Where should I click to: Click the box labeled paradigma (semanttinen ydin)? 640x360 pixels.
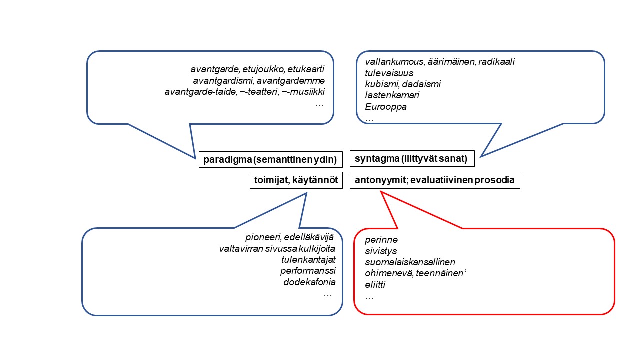point(270,159)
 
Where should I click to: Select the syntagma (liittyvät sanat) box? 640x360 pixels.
point(412,158)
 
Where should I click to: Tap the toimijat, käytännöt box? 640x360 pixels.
point(296,180)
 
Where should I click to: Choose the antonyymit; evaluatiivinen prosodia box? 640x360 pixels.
point(435,180)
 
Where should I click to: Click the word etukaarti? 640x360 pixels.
point(306,69)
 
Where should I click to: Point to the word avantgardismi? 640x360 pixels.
point(223,81)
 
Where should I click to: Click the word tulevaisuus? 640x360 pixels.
point(389,73)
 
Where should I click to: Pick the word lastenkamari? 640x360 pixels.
point(392,95)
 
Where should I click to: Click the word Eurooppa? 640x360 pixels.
point(385,107)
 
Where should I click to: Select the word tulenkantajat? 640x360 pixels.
point(308,260)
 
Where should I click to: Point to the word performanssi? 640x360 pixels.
point(308,271)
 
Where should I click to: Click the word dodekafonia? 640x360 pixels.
point(309,282)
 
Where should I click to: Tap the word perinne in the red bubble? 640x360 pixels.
point(381,240)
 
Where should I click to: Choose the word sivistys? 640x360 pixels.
point(381,251)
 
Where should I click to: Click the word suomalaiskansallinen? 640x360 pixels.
point(410,262)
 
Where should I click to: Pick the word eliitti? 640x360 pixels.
point(375,285)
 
